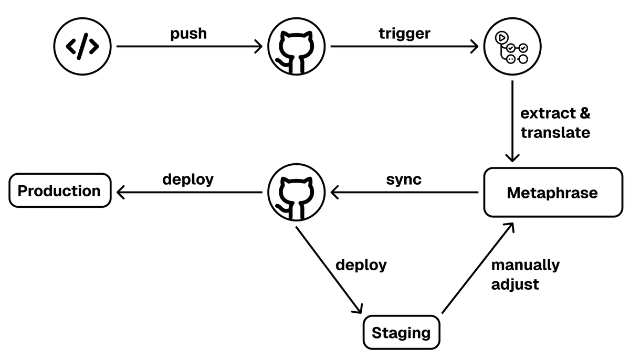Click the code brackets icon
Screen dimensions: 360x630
pos(82,47)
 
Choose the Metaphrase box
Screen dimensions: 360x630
pos(552,193)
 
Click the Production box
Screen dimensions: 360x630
pos(60,190)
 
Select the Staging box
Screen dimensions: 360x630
pos(401,333)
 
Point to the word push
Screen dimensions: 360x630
pos(188,34)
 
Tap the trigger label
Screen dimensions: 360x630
pos(404,34)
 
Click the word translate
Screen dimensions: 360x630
pos(555,133)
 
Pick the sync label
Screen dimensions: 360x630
pos(404,179)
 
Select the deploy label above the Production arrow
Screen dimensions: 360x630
pos(188,179)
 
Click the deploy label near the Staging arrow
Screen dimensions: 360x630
pos(361,264)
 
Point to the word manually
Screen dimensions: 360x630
pos(525,265)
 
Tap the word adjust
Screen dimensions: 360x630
pos(514,284)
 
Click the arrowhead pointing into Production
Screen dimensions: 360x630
pos(120,193)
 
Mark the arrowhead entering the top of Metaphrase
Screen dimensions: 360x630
pos(512,158)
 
